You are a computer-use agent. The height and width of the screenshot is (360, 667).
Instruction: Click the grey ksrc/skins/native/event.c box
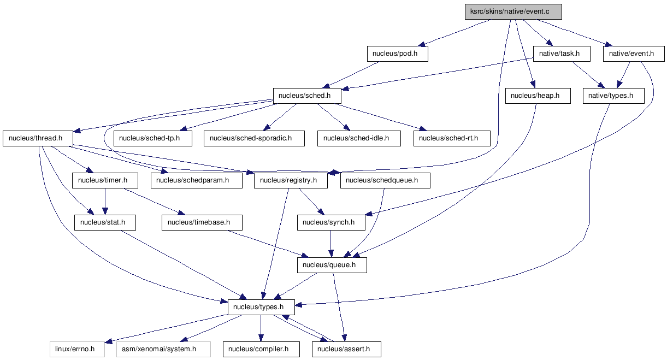click(x=513, y=11)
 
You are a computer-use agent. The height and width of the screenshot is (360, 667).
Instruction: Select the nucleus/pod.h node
click(x=398, y=54)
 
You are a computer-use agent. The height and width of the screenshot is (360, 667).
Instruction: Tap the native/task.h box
click(x=562, y=54)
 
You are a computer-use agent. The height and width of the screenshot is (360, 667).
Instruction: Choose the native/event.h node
click(x=634, y=54)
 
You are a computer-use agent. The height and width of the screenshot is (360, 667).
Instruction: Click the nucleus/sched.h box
click(x=307, y=96)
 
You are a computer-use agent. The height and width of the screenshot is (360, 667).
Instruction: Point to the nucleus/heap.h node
click(x=538, y=96)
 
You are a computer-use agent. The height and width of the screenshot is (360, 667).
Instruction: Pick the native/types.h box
click(x=613, y=96)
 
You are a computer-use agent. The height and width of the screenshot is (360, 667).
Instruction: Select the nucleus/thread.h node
click(x=38, y=138)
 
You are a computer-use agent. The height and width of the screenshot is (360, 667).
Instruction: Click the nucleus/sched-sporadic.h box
click(x=254, y=138)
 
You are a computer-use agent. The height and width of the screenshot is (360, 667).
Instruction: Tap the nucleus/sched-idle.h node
click(x=359, y=138)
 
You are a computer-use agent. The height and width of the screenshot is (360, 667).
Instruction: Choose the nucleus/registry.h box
click(x=291, y=180)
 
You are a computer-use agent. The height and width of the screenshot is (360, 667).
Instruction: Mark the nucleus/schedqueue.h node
click(x=385, y=180)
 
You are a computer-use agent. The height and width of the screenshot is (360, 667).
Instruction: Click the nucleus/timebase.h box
click(x=202, y=222)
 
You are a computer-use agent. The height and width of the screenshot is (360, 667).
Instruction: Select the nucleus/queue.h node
click(x=332, y=265)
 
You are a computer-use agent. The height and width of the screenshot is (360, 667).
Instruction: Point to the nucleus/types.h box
click(x=261, y=307)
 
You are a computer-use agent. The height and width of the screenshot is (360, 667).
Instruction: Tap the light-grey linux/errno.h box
click(x=77, y=349)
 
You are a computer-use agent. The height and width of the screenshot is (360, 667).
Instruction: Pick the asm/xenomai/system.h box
click(x=163, y=349)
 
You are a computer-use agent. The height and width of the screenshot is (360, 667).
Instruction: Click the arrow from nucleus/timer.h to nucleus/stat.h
click(x=105, y=201)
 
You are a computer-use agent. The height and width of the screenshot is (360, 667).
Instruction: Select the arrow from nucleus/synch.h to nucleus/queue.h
click(x=330, y=244)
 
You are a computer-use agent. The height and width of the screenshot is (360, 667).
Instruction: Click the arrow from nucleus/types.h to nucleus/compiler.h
click(x=261, y=328)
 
